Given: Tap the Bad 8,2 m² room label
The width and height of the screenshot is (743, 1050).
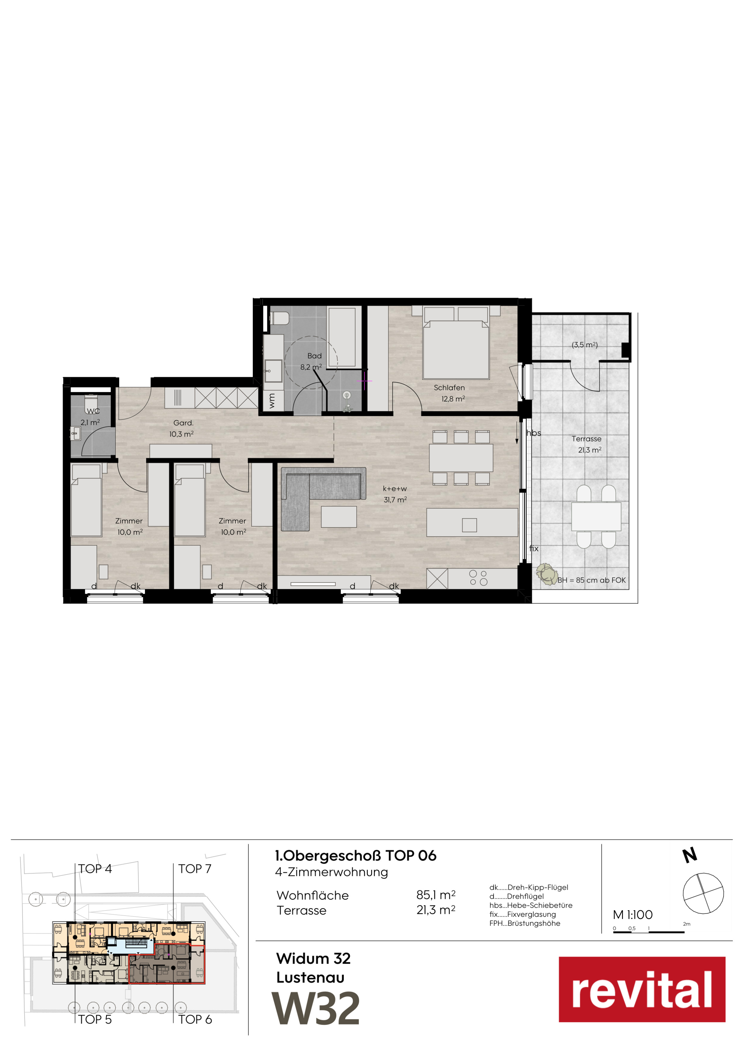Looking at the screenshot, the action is pos(312,361).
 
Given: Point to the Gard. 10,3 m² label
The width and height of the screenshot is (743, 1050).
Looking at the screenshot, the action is pos(182,428).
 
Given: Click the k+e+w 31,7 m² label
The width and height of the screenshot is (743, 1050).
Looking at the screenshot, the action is pos(395,494).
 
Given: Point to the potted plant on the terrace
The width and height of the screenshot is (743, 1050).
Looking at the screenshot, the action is pos(546,574).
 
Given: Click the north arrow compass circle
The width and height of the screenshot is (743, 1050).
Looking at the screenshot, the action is pos(703,893).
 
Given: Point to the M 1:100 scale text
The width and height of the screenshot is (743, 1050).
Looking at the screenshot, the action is pos(633,915).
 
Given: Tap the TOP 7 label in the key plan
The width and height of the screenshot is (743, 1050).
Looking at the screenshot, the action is pos(195,868).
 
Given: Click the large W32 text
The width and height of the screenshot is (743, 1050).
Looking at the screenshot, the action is pos(316,1008).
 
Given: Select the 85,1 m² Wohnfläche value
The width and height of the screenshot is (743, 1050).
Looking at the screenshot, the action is pos(436,895).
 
